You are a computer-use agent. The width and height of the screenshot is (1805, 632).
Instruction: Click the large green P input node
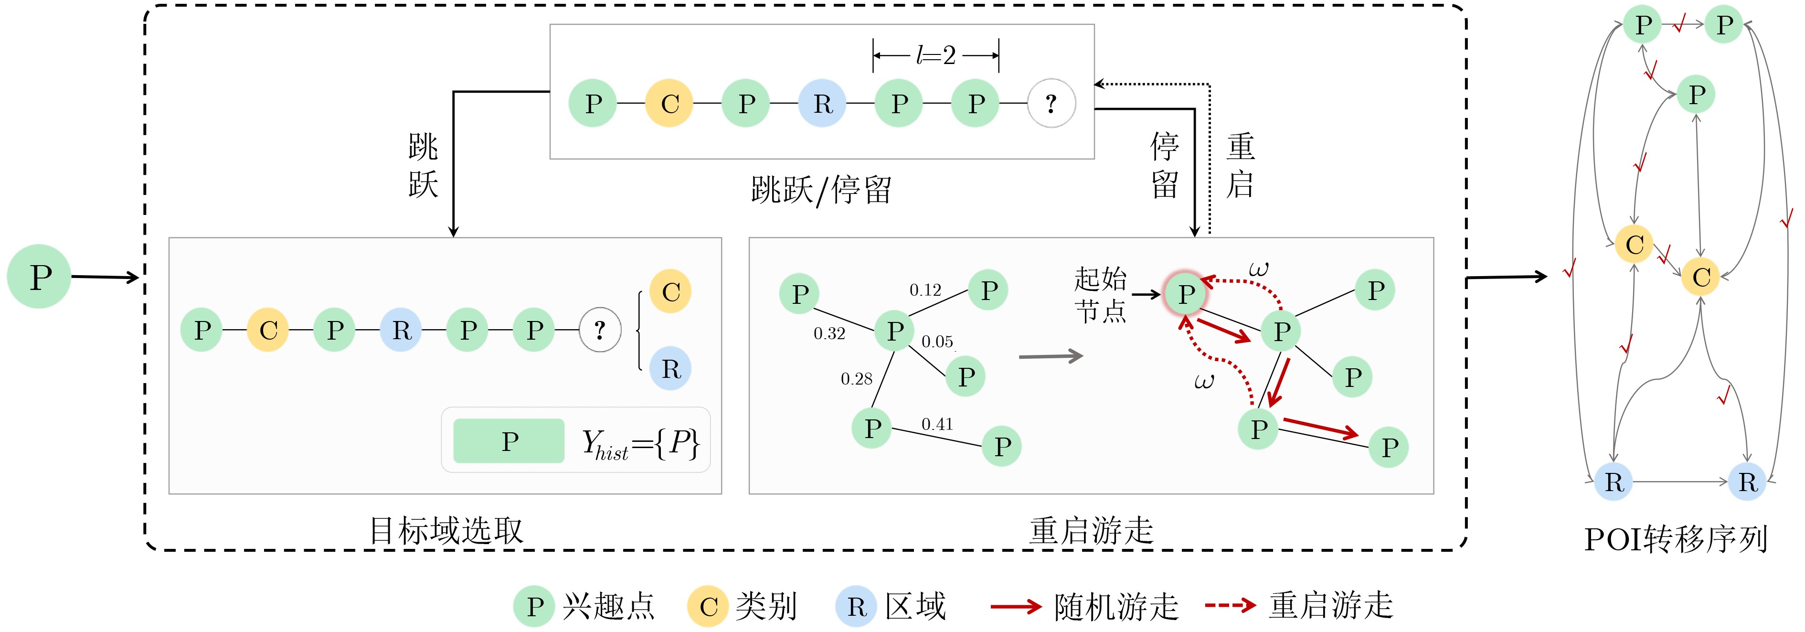[39, 276]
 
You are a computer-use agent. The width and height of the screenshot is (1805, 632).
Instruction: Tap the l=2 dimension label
[935, 54]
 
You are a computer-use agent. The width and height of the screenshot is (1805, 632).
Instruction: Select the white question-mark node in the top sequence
[1051, 104]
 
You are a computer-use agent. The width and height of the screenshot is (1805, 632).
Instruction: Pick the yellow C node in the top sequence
[669, 104]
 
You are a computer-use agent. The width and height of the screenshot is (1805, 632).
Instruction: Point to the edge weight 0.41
[937, 424]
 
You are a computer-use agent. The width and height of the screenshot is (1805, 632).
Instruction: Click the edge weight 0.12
[925, 289]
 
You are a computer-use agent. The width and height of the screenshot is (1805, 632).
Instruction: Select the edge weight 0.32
[829, 333]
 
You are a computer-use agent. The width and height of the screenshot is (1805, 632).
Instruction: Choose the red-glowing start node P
[1185, 294]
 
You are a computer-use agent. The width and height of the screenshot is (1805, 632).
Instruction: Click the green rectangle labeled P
[509, 441]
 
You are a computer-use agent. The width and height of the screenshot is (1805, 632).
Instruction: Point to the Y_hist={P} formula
[640, 443]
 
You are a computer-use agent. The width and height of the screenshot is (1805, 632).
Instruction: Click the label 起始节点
[1100, 294]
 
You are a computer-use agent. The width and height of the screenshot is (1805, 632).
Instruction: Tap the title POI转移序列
[1676, 539]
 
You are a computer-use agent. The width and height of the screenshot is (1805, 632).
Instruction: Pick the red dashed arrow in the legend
[1230, 605]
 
